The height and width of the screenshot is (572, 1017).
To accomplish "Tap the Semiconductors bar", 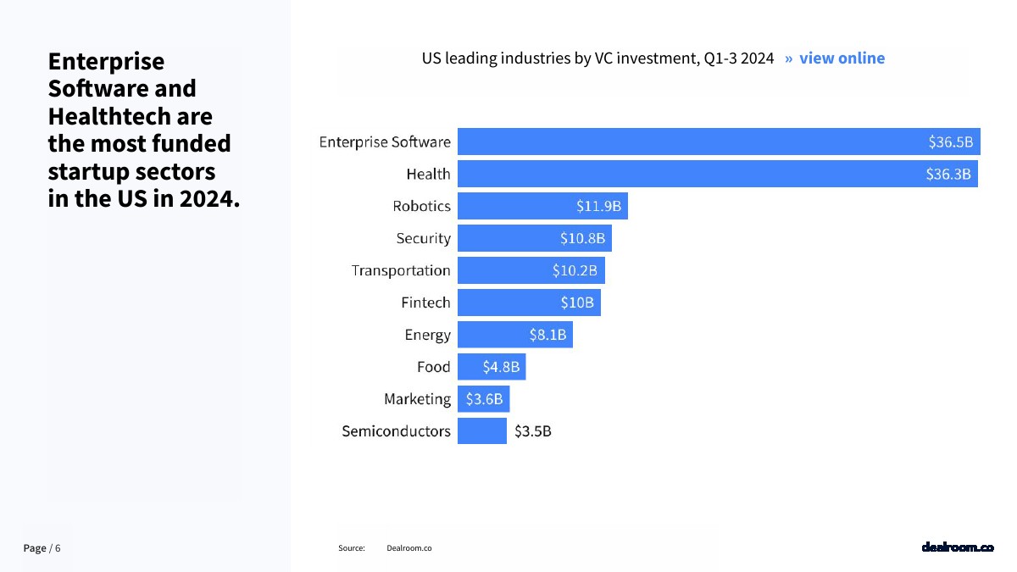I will tap(481, 431).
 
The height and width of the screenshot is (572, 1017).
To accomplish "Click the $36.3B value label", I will tap(948, 175).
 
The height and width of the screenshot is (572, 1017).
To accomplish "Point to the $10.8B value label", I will tap(582, 239).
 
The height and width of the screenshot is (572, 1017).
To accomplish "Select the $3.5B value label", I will tap(532, 431).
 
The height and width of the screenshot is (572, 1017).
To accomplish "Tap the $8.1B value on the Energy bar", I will tap(547, 335).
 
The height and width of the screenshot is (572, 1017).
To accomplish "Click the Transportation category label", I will tap(401, 270).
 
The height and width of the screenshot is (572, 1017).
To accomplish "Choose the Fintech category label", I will tap(425, 303).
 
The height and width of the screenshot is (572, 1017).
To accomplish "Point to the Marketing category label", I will tap(417, 399).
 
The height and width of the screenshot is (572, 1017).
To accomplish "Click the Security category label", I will tap(423, 238).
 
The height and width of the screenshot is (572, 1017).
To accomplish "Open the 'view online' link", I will tap(841, 58).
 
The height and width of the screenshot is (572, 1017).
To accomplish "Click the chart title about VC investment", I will tap(597, 58).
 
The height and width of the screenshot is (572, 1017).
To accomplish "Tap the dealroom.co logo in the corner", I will tap(957, 547).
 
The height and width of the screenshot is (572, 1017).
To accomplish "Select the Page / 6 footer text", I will tap(42, 548).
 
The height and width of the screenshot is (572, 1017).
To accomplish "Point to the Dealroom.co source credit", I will tap(408, 548).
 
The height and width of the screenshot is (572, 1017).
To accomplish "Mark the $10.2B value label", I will tap(575, 271).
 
